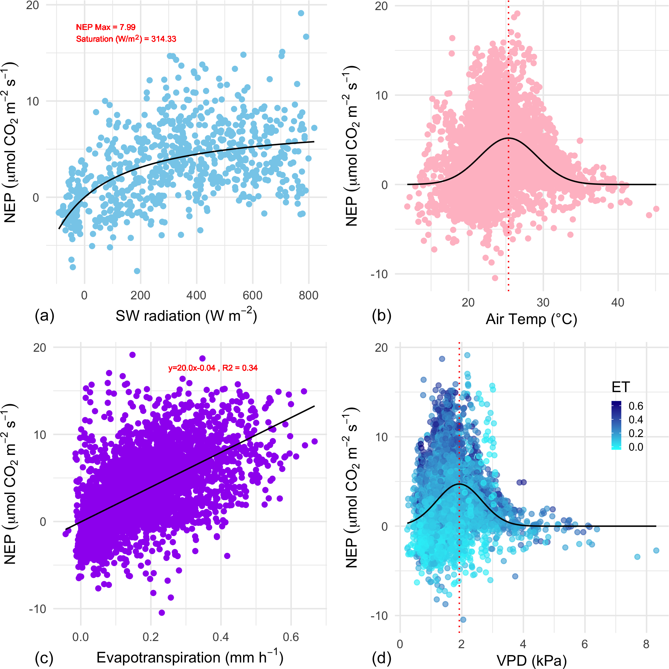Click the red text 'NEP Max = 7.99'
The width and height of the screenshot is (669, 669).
click(106, 27)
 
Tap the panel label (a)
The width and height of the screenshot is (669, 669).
click(45, 316)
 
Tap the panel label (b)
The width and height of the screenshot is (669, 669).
click(381, 316)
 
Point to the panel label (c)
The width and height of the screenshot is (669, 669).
click(44, 658)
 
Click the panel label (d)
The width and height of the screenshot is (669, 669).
click(381, 658)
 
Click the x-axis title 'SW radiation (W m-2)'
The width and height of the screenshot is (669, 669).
click(186, 316)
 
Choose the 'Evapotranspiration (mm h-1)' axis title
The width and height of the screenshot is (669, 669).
click(190, 657)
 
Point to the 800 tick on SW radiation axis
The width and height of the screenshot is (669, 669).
click(308, 296)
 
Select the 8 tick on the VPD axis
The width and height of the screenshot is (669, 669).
click(646, 644)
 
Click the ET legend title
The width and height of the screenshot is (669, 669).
click(621, 387)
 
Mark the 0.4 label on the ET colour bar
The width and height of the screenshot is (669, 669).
click(636, 420)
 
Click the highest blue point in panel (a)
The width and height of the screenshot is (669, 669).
click(301, 13)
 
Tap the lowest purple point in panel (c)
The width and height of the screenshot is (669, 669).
click(161, 613)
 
